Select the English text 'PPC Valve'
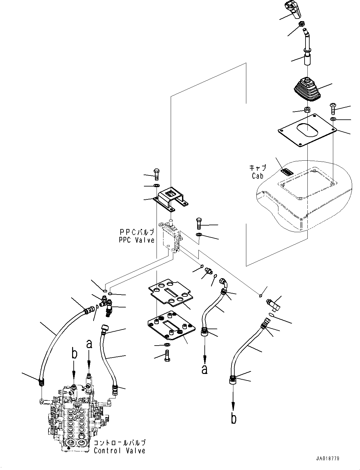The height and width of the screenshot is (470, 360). click(x=137, y=240)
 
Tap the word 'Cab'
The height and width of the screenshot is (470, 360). click(x=258, y=175)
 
